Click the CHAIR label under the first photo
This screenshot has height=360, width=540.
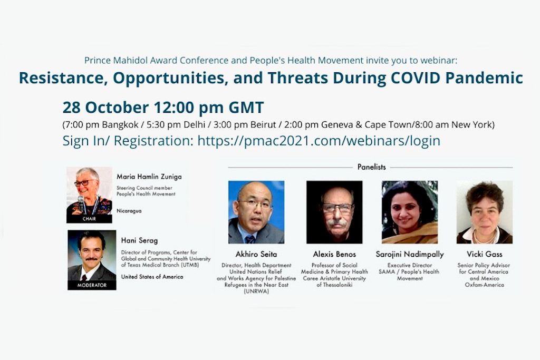click(x=89, y=219)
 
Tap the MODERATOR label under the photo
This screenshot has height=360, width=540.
click(x=92, y=285)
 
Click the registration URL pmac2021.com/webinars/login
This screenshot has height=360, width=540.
click(x=319, y=141)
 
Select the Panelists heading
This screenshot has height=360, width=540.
click(x=372, y=167)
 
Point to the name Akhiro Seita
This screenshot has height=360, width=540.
click(x=256, y=255)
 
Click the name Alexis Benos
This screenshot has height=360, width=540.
click(x=334, y=255)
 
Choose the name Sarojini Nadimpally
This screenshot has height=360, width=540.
click(x=410, y=255)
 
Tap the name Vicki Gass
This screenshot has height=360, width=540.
click(x=485, y=255)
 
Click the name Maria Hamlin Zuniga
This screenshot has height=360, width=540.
click(x=149, y=177)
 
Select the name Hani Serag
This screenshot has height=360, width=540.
click(x=139, y=240)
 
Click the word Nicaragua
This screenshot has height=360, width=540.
click(x=129, y=211)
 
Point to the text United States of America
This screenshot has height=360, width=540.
click(x=152, y=277)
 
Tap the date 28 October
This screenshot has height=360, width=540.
click(x=105, y=108)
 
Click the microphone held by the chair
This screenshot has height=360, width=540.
click(x=81, y=203)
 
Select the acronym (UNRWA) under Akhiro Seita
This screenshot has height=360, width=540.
click(x=256, y=291)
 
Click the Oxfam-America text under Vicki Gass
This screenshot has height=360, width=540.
click(x=485, y=285)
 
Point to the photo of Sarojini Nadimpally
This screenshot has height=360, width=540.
click(x=410, y=212)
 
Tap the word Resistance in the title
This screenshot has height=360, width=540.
click(x=62, y=78)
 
